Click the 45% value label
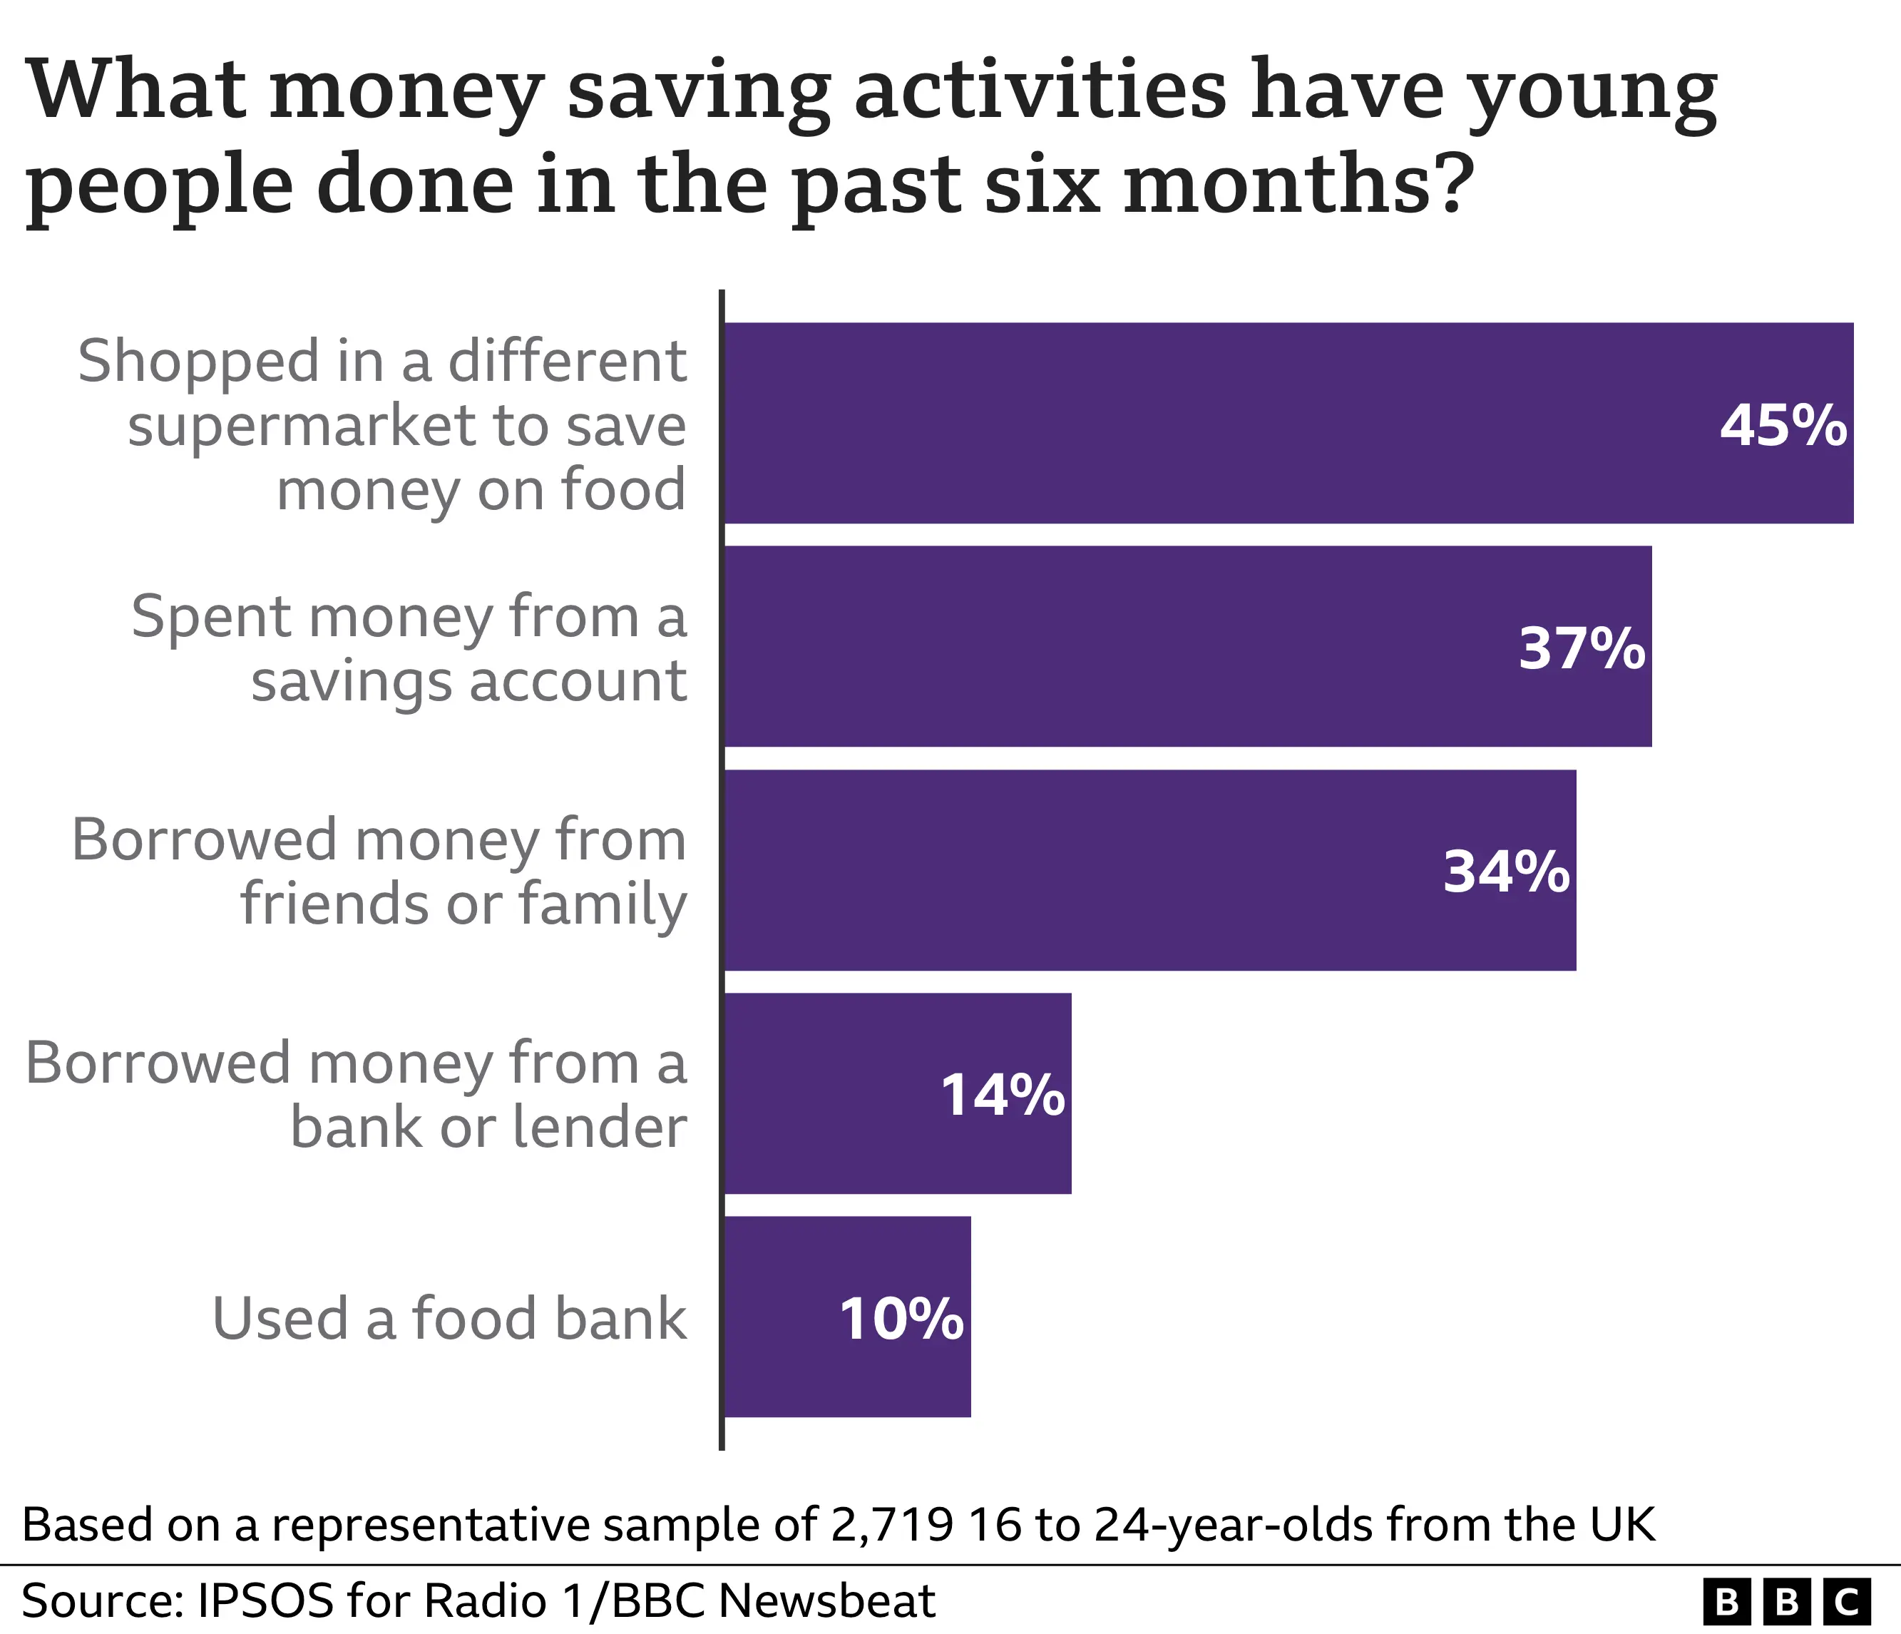point(1783,426)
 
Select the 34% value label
point(1505,872)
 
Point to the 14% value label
point(1002,1095)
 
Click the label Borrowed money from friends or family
point(379,872)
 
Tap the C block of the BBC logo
point(1846,1602)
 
